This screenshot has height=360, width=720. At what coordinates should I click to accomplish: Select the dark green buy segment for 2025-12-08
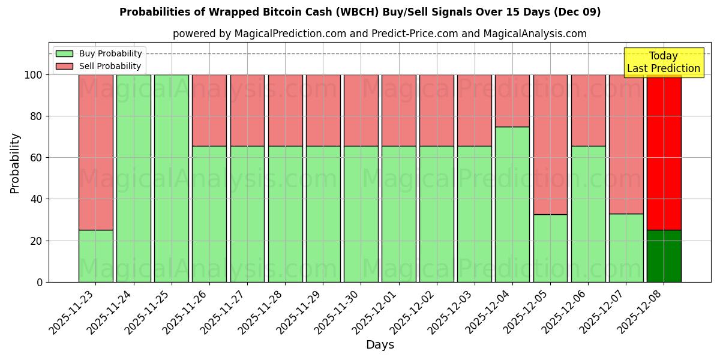coord(664,256)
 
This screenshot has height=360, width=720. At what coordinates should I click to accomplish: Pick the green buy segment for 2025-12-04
coord(512,204)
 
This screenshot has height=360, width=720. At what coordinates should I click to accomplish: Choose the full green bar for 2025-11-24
coord(133,178)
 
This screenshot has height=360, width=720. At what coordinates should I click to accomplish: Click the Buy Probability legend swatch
coord(64,53)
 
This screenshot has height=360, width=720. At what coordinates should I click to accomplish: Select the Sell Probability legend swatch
coord(64,66)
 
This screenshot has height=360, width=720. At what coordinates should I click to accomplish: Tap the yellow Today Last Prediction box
coord(663,62)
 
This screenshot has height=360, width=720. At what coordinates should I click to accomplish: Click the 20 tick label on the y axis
coord(37,241)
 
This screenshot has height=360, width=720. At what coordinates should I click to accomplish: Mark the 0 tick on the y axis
coord(40,282)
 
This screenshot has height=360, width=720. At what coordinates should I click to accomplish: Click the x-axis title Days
coord(380,345)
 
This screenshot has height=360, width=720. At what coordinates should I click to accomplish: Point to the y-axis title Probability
coord(15,163)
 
